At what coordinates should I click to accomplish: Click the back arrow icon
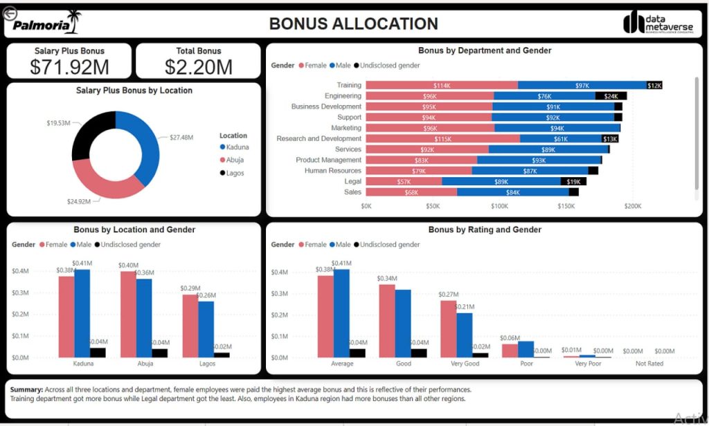click(9, 12)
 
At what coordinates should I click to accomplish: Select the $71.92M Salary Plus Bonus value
click(69, 66)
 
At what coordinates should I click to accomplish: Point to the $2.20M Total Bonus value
click(199, 66)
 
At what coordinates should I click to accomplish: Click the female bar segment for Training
click(441, 85)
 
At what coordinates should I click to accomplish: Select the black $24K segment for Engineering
click(611, 96)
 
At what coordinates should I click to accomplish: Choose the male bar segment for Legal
click(501, 181)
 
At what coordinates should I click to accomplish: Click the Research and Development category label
click(318, 138)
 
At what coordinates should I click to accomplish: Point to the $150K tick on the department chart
click(566, 206)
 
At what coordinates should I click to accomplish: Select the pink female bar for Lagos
click(189, 326)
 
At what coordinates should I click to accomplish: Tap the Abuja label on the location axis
click(145, 364)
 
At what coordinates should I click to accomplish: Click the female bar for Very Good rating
click(448, 328)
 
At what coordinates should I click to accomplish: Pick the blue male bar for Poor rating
click(526, 349)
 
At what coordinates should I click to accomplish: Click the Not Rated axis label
click(649, 364)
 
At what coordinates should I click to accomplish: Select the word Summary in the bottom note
click(26, 389)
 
